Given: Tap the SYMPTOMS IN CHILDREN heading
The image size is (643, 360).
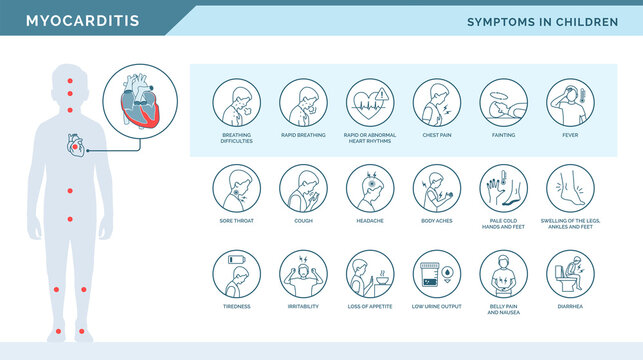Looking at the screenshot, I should [544, 21].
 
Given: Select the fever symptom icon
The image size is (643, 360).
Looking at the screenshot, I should [570, 102].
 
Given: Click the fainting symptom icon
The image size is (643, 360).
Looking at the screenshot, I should [503, 102].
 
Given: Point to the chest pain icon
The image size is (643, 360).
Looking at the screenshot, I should [436, 102].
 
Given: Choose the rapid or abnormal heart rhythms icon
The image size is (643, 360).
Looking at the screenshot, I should [370, 102].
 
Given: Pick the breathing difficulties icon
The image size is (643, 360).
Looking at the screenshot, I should [236, 102].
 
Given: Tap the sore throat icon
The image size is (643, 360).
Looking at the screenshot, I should [236, 188].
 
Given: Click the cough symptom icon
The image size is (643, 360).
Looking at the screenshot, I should [303, 188].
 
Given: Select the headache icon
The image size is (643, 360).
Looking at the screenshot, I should [370, 188].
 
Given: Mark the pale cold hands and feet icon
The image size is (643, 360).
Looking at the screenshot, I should [503, 188].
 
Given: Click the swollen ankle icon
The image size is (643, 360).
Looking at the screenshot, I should [570, 188].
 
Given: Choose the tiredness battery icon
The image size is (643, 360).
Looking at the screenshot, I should [236, 273].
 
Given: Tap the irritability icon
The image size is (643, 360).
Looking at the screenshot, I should [303, 273].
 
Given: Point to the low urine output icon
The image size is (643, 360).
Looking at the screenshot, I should [436, 273].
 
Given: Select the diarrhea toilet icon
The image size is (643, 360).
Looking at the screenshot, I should [570, 273].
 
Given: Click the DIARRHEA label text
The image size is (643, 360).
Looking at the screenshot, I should [570, 307].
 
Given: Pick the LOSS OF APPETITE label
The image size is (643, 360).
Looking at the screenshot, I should [370, 307].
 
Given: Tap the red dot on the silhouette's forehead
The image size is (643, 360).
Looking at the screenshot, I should [69, 78].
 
